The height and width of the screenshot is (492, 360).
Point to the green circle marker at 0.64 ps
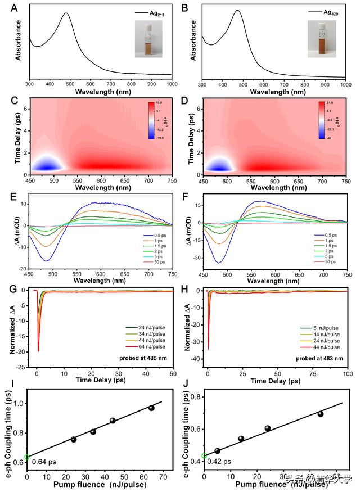(x=27, y=457)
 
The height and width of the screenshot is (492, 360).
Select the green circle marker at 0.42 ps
(x=204, y=455)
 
